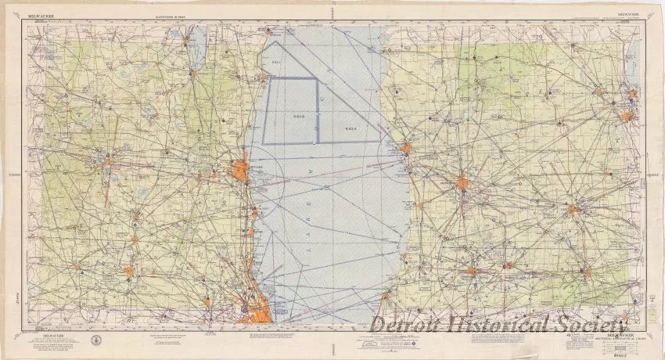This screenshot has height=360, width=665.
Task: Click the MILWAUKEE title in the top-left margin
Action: click(x=40, y=13)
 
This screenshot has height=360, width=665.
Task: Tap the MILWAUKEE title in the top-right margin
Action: click(x=627, y=13)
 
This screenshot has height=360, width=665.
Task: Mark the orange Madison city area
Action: click(x=105, y=162)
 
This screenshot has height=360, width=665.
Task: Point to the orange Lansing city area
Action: click(x=572, y=209)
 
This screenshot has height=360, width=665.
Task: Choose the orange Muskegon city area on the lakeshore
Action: click(x=406, y=147)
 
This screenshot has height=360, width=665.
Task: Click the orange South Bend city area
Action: click(x=472, y=272)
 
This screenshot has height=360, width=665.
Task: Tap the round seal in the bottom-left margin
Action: click(x=95, y=339)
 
